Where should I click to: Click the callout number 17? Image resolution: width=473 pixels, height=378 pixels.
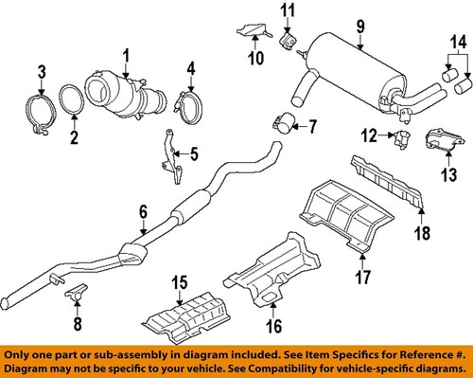pos(359,277)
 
